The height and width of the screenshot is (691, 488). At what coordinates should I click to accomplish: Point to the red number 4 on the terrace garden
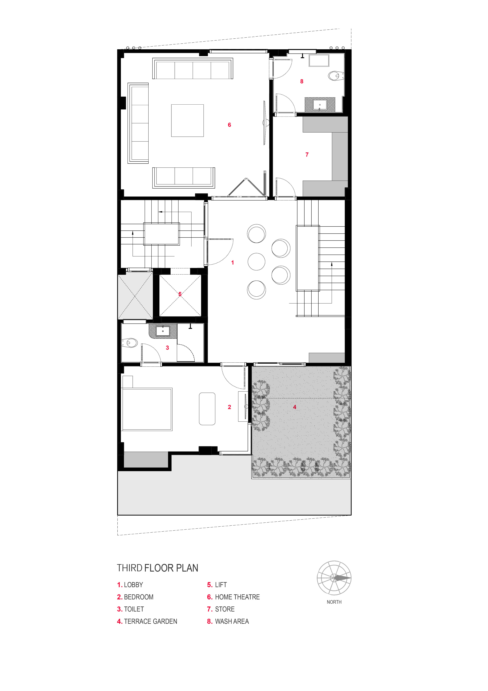(x=295, y=407)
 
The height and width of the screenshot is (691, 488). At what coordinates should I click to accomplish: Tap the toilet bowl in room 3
(x=130, y=343)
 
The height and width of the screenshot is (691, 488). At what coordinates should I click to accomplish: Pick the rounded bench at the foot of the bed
(x=207, y=408)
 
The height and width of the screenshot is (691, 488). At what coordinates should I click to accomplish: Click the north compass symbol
(x=334, y=578)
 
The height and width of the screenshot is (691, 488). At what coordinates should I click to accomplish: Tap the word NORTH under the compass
(x=334, y=602)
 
